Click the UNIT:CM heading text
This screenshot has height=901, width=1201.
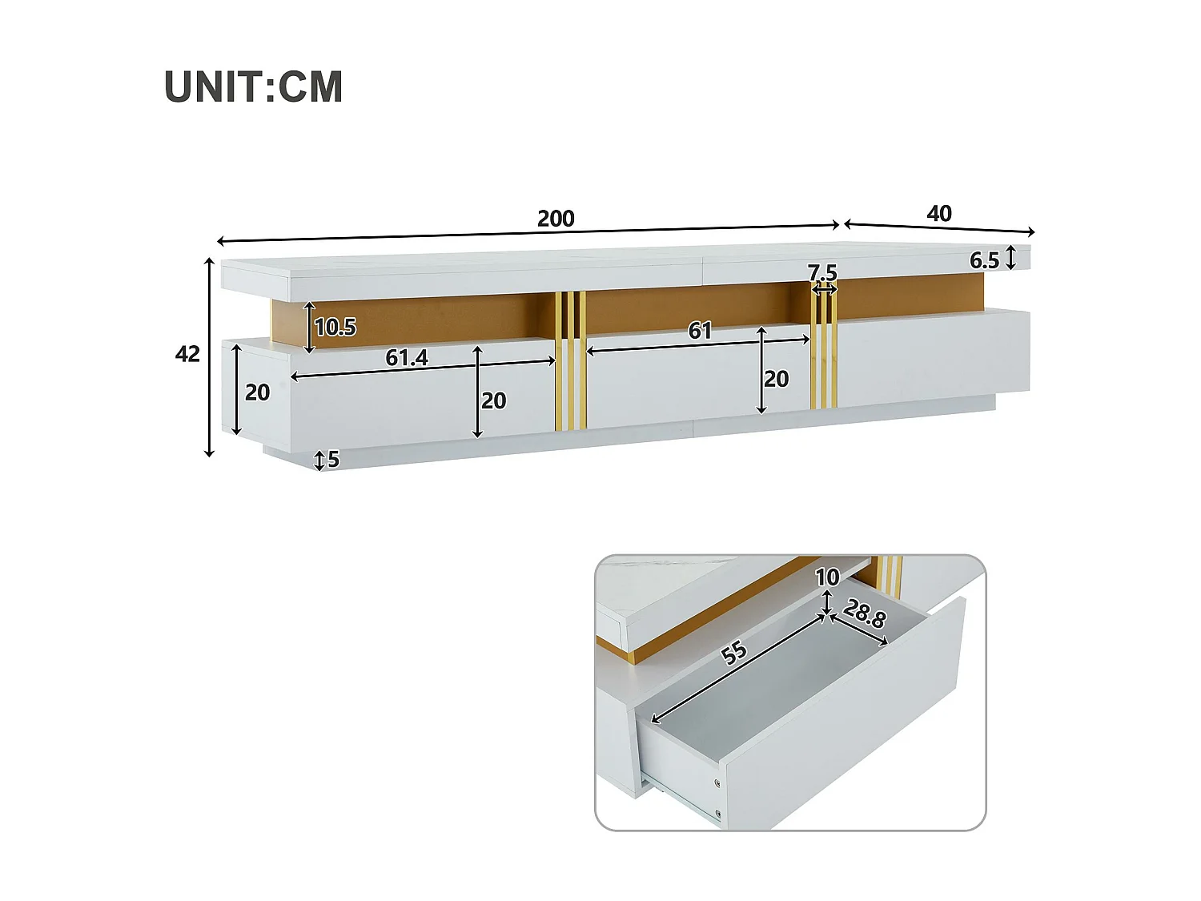coord(253,86)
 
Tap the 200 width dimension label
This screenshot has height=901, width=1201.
coord(556,219)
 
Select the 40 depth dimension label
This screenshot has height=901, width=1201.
coord(939,213)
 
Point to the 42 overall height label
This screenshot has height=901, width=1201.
coord(187,354)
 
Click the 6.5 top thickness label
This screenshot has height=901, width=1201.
coord(984,260)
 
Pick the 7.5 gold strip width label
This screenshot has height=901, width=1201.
coord(822,273)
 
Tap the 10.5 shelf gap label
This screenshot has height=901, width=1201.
coord(335,327)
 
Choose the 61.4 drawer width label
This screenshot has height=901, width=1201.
coord(407,357)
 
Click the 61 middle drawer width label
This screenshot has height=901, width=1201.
coord(700,330)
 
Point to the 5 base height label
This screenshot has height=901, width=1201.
coord(333,459)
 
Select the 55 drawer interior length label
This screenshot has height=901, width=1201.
coord(734,653)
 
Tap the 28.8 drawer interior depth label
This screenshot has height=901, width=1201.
coord(865,614)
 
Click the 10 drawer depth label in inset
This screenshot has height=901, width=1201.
coord(827,577)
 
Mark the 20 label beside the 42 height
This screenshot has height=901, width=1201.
coord(257,392)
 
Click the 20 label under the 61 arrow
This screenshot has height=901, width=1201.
coord(776,379)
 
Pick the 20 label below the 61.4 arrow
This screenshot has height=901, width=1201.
coord(493,400)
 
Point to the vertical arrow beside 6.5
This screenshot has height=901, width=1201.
coord(1011,258)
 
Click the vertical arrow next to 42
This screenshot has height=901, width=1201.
coord(210,357)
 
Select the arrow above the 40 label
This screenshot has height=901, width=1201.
coord(939,228)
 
